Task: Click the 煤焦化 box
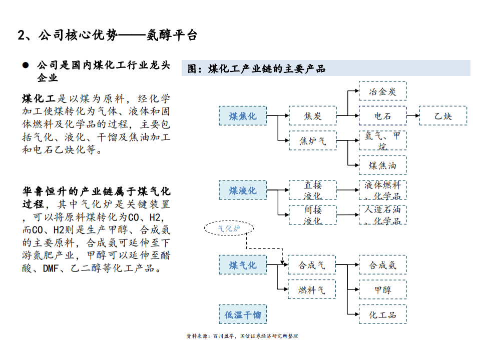[243, 116]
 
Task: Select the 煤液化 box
[243, 190]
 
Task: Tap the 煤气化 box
[243, 264]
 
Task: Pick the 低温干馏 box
[243, 314]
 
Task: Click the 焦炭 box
[313, 116]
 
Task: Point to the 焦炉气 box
[313, 140]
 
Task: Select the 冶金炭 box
[383, 91]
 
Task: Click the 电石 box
[383, 116]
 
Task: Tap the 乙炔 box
[443, 116]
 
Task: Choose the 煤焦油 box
[383, 165]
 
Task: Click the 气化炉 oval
[229, 229]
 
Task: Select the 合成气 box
[312, 264]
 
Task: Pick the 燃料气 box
[312, 289]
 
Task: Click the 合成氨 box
[383, 264]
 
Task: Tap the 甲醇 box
[383, 289]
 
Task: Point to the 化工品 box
[383, 314]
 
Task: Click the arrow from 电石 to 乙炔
[413, 116]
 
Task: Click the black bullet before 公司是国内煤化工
[25, 65]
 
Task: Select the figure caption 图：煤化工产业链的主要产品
[256, 68]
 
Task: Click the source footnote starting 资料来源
[242, 336]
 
